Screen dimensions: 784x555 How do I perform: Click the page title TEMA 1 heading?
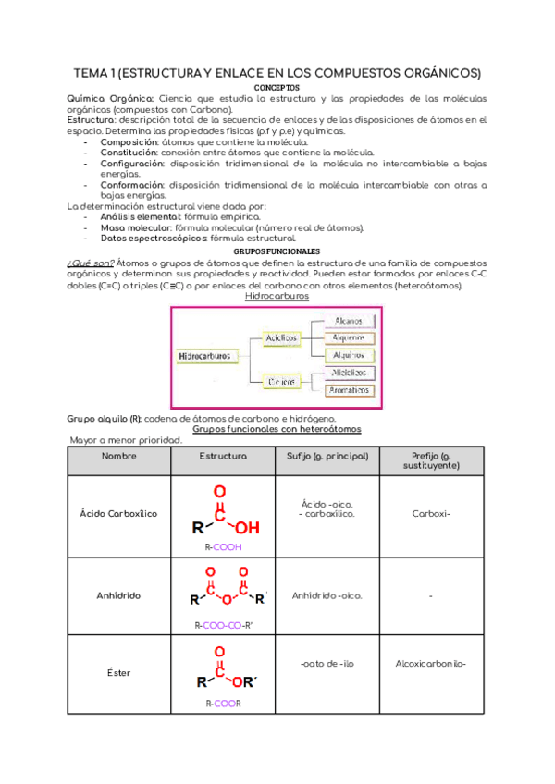277,73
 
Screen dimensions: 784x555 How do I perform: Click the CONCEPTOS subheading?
277,88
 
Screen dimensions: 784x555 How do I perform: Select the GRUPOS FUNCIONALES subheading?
277,251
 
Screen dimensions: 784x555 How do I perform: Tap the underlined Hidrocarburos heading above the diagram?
277,296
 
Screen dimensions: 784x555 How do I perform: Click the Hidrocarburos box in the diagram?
206,355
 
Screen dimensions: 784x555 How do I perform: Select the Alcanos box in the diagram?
350,320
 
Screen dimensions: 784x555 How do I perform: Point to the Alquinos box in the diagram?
350,354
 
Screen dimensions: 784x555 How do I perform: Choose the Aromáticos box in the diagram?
350,389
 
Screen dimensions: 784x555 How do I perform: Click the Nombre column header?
118,457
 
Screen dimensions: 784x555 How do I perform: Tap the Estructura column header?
223,457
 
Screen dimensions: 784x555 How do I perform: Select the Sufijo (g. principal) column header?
327,457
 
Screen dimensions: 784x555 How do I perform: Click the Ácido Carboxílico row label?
118,513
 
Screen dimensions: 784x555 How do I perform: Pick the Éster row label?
118,672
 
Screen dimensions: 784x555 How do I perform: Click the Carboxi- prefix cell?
431,513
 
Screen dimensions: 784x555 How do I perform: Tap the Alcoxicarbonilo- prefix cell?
431,663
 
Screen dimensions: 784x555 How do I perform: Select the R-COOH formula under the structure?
223,546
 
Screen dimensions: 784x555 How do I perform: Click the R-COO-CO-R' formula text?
223,625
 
